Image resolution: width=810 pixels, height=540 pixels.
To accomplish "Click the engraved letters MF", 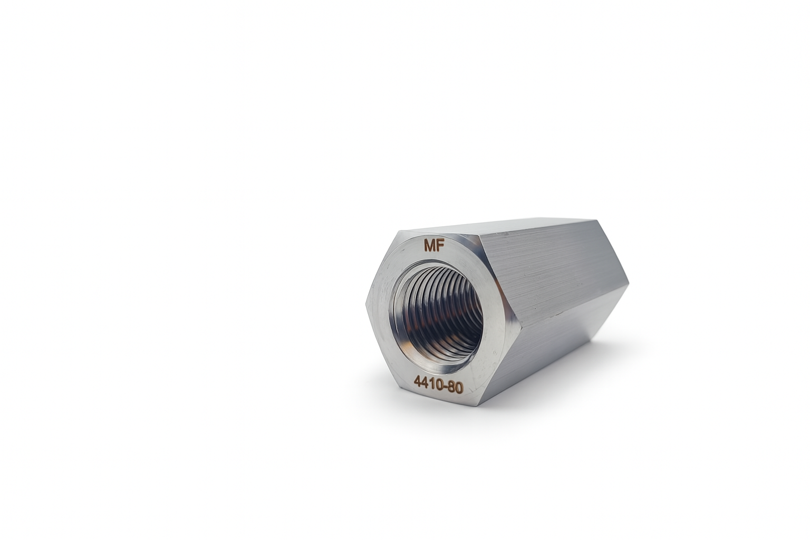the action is pyautogui.click(x=433, y=246).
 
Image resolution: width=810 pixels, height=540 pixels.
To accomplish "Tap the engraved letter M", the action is pyautogui.click(x=429, y=246).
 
